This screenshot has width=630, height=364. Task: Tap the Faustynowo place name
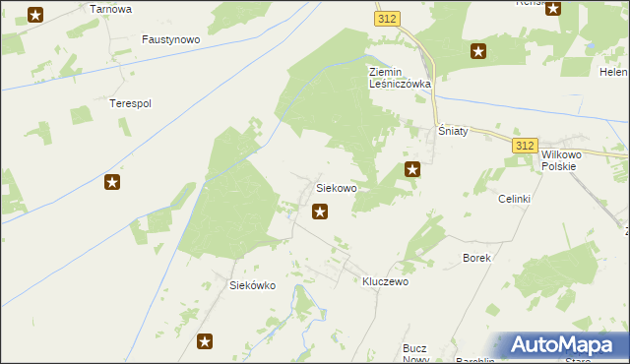click(x=170, y=40)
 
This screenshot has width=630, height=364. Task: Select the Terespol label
click(x=129, y=102)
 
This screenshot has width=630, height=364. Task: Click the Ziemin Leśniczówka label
click(x=400, y=78)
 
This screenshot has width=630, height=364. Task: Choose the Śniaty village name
click(x=453, y=131)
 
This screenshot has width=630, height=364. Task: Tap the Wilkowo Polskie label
click(x=564, y=160)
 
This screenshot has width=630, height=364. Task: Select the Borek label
click(x=476, y=257)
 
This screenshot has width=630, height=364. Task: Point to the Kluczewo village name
click(x=385, y=280)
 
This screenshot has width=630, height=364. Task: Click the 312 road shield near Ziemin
click(x=387, y=19)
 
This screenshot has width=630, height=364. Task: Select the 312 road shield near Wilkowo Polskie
click(x=525, y=145)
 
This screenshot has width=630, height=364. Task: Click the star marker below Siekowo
click(x=320, y=211)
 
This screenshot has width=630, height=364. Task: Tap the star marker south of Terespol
click(x=112, y=181)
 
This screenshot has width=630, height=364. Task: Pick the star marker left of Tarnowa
click(x=35, y=14)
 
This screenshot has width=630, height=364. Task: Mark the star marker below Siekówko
click(x=205, y=341)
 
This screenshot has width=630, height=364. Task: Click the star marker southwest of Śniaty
click(x=413, y=169)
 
